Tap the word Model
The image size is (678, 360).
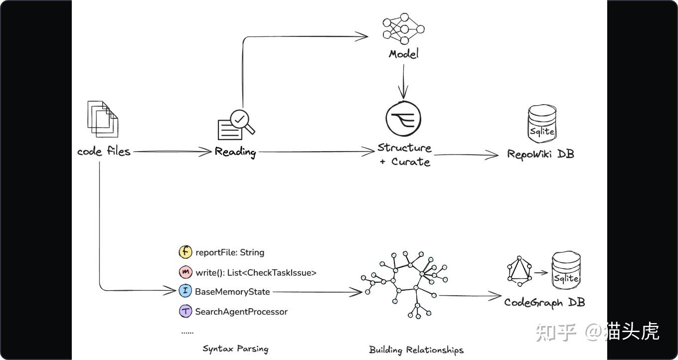(x=404, y=53)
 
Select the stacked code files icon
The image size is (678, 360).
(x=103, y=119)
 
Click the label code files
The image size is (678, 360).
(x=104, y=151)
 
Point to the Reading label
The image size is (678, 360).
(x=235, y=152)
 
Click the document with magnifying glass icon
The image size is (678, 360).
(x=236, y=125)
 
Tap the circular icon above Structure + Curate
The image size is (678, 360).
(x=403, y=120)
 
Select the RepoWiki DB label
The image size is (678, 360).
(x=540, y=154)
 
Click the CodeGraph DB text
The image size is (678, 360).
(x=544, y=302)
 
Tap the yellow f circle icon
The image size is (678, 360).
(x=185, y=252)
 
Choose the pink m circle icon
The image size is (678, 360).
(x=185, y=272)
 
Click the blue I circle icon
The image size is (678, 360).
(x=185, y=292)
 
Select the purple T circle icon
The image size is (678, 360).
(x=185, y=312)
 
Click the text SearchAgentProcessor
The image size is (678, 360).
(x=241, y=312)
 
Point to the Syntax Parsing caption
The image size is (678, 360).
(x=235, y=349)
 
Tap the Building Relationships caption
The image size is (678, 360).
(x=416, y=350)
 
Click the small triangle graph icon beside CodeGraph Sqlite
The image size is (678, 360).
(x=518, y=272)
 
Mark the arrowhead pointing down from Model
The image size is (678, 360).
(x=403, y=93)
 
